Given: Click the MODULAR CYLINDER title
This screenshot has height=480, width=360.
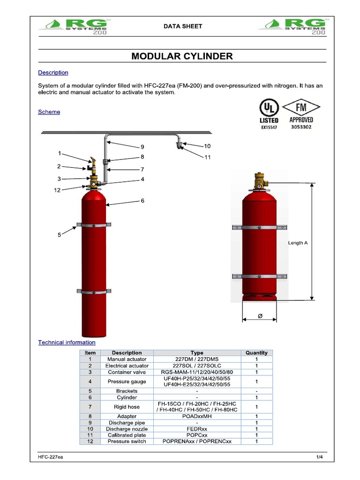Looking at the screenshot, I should tap(182, 56).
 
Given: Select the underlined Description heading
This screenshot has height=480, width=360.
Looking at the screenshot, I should tap(53, 73).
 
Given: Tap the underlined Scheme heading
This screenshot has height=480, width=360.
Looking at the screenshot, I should tap(49, 112).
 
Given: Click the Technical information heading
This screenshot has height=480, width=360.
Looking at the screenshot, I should tap(67, 343).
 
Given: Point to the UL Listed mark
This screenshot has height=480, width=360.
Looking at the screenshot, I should tap(269, 114).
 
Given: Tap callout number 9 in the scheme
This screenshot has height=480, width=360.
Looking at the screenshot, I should tap(142, 147).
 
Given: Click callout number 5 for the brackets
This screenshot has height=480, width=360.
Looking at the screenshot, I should tap(60, 235).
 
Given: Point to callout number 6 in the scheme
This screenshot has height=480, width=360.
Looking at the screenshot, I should tap(142, 201).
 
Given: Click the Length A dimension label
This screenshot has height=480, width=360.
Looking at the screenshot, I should tap(298, 243).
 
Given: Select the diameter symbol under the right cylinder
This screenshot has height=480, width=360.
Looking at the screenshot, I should tap(260, 317).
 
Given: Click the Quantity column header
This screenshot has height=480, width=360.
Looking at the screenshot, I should tap(256, 352).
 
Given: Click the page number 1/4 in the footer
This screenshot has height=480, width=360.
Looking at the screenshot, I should tap(320, 457).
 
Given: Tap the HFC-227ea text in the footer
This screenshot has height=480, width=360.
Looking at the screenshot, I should tap(51, 457).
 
